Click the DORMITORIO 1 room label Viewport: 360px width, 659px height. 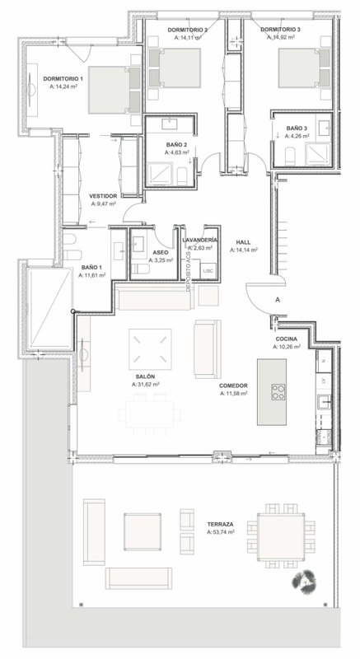[x=63, y=78]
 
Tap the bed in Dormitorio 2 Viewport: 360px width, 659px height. [x=175, y=68]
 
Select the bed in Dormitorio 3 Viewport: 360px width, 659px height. [x=304, y=68]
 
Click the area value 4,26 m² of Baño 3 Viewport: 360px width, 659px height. [x=297, y=136]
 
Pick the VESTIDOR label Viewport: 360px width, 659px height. [x=103, y=196]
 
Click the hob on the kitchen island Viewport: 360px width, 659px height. [x=278, y=392]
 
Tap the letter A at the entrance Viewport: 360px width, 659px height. [x=278, y=300]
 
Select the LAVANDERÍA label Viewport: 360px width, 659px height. [x=200, y=240]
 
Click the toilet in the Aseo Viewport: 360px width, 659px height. [x=138, y=269]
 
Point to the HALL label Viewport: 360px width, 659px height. [x=243, y=242]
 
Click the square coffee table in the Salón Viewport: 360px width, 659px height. [x=150, y=348]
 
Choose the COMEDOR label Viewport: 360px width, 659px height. [x=233, y=386]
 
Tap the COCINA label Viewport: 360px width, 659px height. [x=287, y=339]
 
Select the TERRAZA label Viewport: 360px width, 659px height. [x=220, y=524]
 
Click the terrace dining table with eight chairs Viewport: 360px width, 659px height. [x=281, y=535]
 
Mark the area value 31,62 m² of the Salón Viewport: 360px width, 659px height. [x=145, y=384]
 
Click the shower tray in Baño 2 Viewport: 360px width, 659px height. [x=160, y=174]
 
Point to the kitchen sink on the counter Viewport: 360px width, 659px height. [x=325, y=401]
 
